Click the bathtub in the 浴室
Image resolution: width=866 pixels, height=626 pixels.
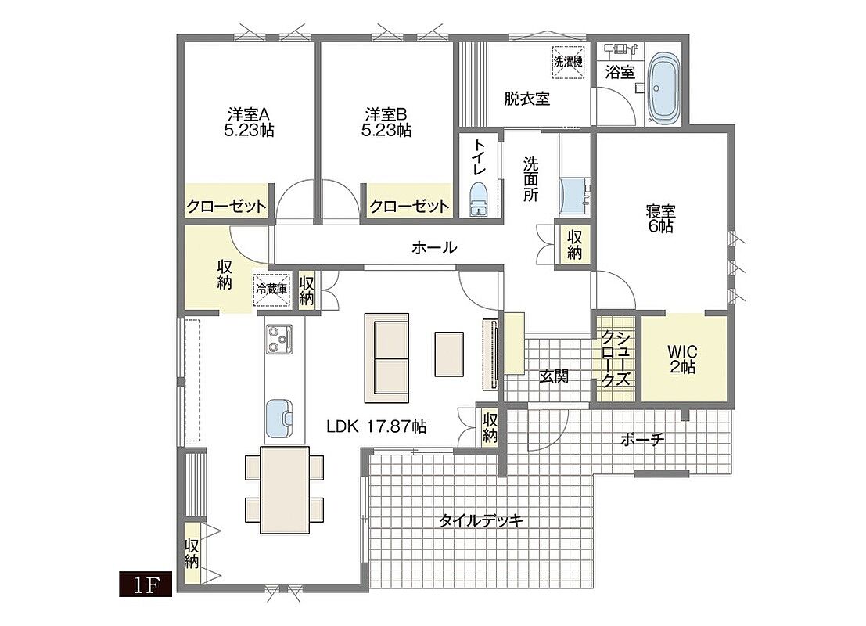pyautogui.click(x=664, y=88)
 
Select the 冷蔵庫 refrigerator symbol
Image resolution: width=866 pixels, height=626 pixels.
pyautogui.click(x=271, y=289)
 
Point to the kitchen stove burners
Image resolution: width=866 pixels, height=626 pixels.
pyautogui.click(x=279, y=339)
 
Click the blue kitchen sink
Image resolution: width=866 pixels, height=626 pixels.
pyautogui.click(x=280, y=418)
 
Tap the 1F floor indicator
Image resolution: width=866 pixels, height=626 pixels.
pyautogui.click(x=146, y=585)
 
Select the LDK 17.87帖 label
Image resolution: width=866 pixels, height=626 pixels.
pyautogui.click(x=376, y=426)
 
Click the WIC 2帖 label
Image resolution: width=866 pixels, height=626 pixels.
pyautogui.click(x=683, y=359)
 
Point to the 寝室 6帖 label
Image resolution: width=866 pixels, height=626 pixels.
pyautogui.click(x=660, y=219)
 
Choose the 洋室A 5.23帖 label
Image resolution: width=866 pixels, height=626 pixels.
pyautogui.click(x=249, y=122)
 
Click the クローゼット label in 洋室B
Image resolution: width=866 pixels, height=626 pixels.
pyautogui.click(x=408, y=206)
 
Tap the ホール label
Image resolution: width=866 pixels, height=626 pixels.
pyautogui.click(x=434, y=247)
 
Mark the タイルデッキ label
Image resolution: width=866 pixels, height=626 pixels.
pyautogui.click(x=481, y=520)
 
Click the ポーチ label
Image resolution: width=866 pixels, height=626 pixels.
pyautogui.click(x=642, y=440)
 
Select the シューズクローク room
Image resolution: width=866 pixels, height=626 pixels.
pyautogui.click(x=615, y=358)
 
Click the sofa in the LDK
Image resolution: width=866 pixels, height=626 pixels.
pyautogui.click(x=386, y=358)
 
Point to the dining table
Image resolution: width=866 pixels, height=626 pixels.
pyautogui.click(x=285, y=490)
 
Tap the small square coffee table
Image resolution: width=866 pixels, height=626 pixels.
pyautogui.click(x=449, y=354)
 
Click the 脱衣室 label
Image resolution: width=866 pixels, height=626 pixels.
pyautogui.click(x=527, y=99)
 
